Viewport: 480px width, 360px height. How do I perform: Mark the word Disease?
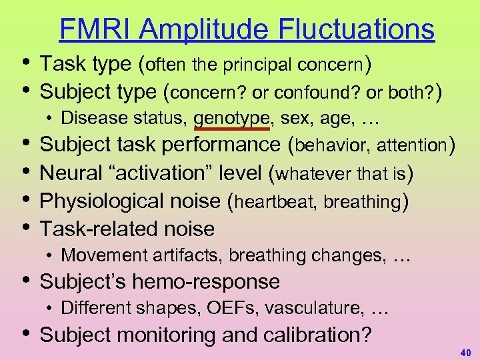click(x=84, y=119)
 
